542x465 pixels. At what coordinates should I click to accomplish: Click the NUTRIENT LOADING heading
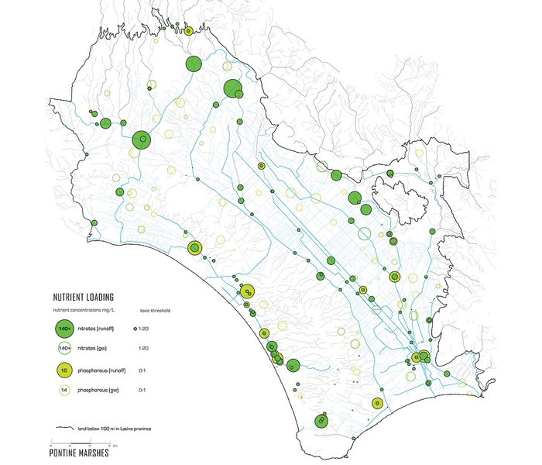[84, 297]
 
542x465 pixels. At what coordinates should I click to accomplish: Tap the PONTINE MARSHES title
[80, 454]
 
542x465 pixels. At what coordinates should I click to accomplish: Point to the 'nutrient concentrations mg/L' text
[84, 310]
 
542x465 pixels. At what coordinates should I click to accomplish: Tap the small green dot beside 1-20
[135, 329]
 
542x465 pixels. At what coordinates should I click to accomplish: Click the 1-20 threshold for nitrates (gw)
[142, 349]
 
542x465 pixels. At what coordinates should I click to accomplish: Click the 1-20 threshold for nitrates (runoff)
[144, 329]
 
